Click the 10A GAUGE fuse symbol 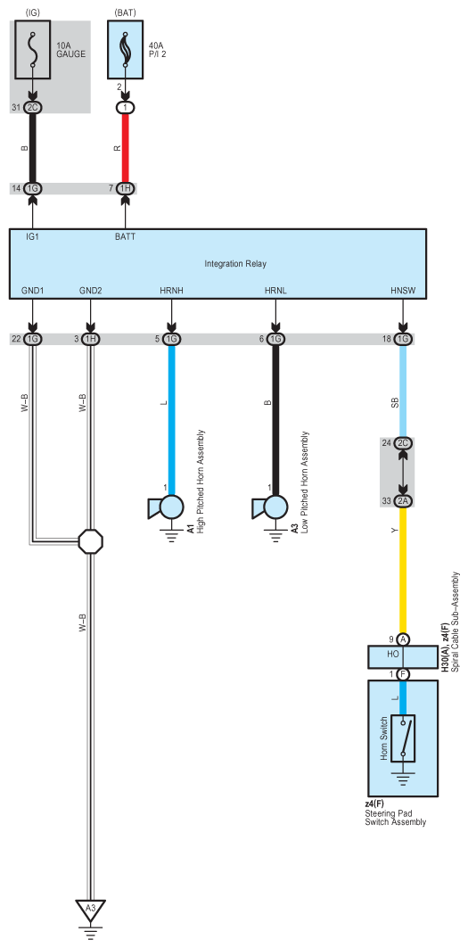pyautogui.click(x=33, y=50)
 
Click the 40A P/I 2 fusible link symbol pyautogui.click(x=125, y=50)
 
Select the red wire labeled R pyautogui.click(x=125, y=147)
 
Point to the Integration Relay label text pyautogui.click(x=235, y=263)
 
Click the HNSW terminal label pyautogui.click(x=403, y=292)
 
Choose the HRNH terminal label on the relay pyautogui.click(x=171, y=292)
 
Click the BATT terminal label pyautogui.click(x=125, y=237)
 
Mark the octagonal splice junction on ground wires pyautogui.click(x=90, y=541)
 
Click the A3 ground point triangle pyautogui.click(x=89, y=909)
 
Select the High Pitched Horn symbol pyautogui.click(x=166, y=507)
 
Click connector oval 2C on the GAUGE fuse pyautogui.click(x=33, y=108)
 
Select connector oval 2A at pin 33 pyautogui.click(x=404, y=500)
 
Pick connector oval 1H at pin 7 pyautogui.click(x=125, y=188)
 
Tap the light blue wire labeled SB pyautogui.click(x=404, y=401)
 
